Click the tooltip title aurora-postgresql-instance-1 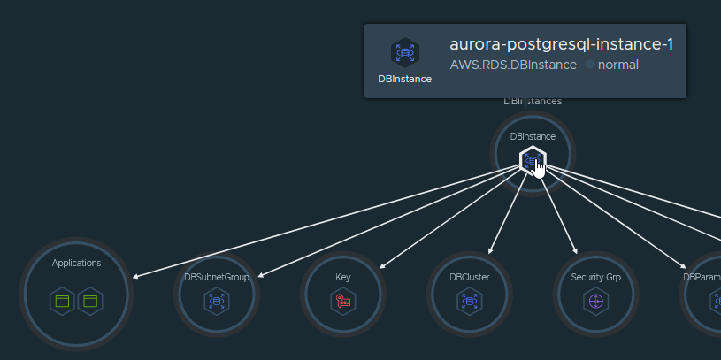[562, 44]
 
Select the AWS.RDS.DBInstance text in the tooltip [513, 65]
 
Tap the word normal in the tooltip [618, 65]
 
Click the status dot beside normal [590, 65]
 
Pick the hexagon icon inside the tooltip [405, 52]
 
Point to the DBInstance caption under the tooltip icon [405, 79]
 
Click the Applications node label [76, 263]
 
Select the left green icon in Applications [62, 302]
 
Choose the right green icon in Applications [90, 302]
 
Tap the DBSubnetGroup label [217, 277]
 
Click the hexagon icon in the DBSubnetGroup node [217, 302]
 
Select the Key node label [343, 277]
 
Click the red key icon [343, 302]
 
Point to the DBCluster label [469, 277]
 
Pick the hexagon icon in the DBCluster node [469, 302]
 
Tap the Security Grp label [595, 277]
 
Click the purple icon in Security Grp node [595, 302]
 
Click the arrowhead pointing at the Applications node [135, 278]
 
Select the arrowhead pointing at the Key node [380, 265]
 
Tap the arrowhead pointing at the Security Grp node [575, 251]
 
